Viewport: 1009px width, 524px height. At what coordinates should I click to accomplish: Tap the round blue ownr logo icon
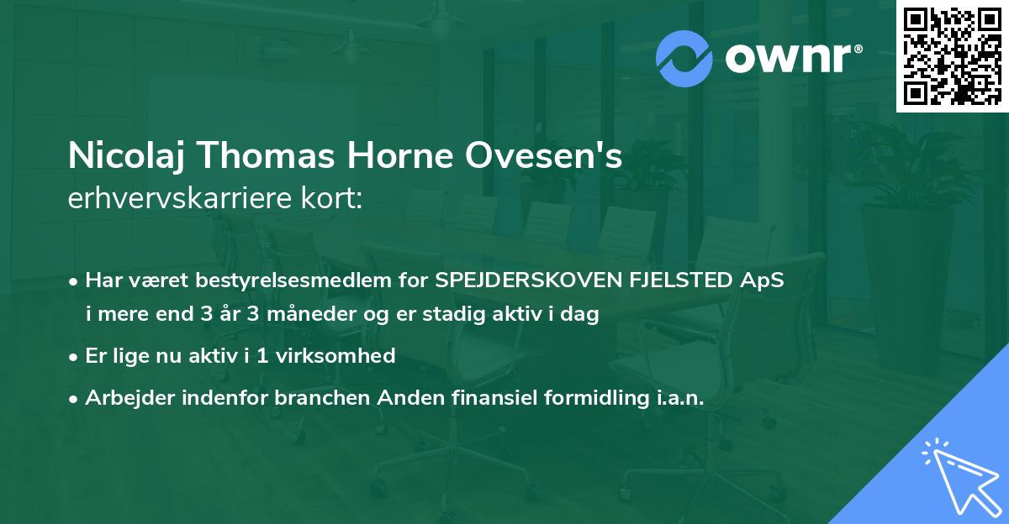pos(684,59)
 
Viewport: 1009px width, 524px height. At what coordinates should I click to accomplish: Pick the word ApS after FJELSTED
pos(763,280)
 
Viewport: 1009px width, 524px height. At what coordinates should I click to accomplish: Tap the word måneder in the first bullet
pos(313,316)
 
